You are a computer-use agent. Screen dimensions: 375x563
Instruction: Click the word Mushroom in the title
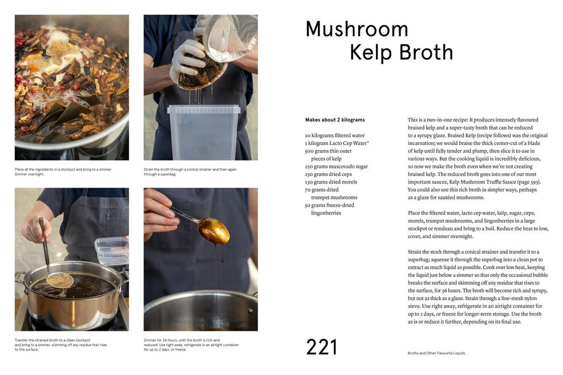357,29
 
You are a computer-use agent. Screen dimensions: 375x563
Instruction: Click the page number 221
321,347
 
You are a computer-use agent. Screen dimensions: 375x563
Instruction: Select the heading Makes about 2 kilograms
334,120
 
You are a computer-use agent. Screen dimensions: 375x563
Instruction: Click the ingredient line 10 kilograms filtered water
334,135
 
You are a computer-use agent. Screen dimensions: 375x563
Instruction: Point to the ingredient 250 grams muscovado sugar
336,166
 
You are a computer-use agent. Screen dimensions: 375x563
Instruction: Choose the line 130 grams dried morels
331,181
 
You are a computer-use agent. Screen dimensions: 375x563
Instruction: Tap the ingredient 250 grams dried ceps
328,174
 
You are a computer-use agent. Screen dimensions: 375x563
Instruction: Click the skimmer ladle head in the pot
60,281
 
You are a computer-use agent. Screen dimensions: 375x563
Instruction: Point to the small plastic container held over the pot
111,250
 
